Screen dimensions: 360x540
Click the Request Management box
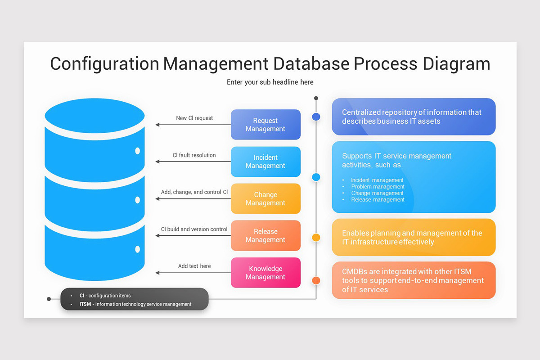[x=265, y=125]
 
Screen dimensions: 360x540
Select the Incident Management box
[x=265, y=162]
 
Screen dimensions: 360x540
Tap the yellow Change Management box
[x=265, y=198]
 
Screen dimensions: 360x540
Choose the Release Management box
[x=265, y=235]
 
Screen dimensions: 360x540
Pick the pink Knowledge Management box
[x=265, y=273]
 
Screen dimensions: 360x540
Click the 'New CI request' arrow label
[x=194, y=118]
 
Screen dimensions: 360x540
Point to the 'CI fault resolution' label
[x=194, y=155]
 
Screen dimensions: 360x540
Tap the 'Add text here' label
[x=194, y=266]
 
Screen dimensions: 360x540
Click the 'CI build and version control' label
[x=194, y=229]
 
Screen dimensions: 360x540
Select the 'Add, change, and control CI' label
[x=194, y=192]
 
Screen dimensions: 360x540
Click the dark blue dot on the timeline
[x=316, y=117]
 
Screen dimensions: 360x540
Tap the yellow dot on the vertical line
[x=316, y=238]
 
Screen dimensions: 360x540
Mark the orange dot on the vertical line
[x=316, y=281]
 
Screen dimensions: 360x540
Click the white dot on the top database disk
[x=137, y=151]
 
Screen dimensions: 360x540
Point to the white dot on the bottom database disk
[x=137, y=249]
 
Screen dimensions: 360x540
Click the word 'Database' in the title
[x=311, y=63]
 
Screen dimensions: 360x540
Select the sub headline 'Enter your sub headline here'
[x=270, y=82]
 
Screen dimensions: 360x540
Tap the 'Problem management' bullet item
[x=378, y=187]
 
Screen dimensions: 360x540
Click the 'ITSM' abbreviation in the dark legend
[x=85, y=304]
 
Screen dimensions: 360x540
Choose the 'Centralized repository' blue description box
[x=414, y=117]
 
